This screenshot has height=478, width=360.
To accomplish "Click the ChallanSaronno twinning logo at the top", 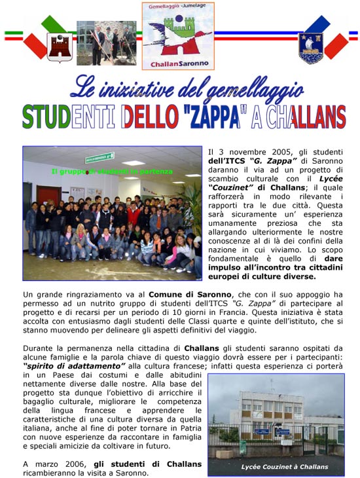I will [178, 36].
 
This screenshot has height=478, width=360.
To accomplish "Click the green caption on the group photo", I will [112, 172].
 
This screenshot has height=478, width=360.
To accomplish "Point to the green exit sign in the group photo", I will [99, 158].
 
